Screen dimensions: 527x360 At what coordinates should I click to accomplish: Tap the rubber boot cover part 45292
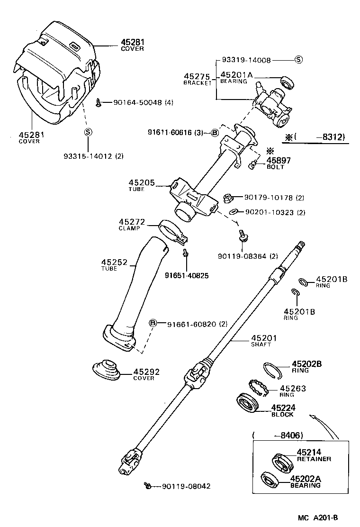tap(106, 370)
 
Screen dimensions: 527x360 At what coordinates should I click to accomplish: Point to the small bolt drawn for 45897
tap(253, 164)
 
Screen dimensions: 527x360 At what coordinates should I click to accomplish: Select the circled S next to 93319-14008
tap(298, 60)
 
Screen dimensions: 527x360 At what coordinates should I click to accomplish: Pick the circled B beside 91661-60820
tap(153, 324)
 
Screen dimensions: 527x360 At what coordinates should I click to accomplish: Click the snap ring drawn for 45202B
tap(272, 369)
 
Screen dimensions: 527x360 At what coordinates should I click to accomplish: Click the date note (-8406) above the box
tap(278, 435)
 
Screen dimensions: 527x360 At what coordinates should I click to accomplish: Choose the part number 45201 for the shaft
tap(263, 338)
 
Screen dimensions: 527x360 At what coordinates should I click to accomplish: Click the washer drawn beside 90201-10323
tap(233, 211)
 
